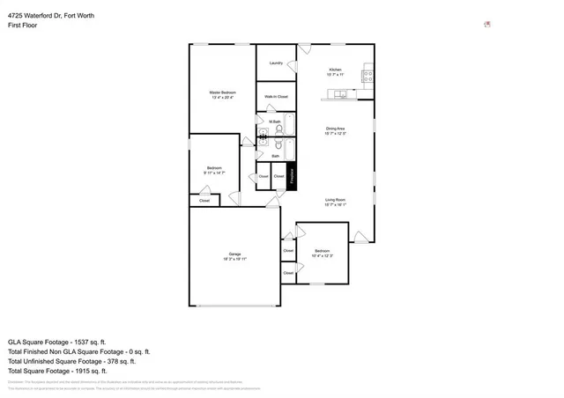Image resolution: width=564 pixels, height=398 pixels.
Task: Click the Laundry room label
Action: (x=276, y=63)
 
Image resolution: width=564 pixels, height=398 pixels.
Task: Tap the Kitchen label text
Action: (x=335, y=70)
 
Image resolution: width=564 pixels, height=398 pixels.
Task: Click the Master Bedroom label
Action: (x=222, y=92)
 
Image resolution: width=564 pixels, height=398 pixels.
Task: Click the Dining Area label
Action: (x=335, y=129)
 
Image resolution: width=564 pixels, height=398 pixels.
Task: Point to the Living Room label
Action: (x=335, y=200)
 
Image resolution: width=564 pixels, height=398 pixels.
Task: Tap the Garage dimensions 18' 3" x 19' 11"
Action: (x=234, y=260)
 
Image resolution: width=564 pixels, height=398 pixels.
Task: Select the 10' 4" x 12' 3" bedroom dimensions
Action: (x=322, y=256)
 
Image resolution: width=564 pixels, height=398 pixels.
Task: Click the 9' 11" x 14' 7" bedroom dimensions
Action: (x=214, y=173)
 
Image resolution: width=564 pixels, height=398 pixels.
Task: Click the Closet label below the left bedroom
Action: (x=204, y=201)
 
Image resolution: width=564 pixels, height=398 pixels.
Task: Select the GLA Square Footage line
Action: (x=56, y=341)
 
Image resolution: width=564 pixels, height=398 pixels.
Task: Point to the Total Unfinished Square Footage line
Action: (x=71, y=361)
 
